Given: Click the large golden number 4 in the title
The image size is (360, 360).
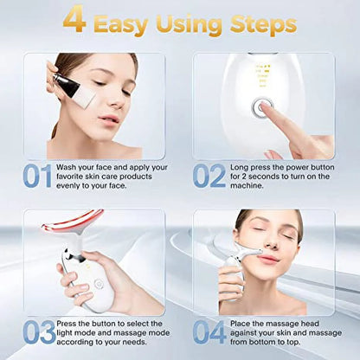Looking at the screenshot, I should pyautogui.click(x=75, y=21).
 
